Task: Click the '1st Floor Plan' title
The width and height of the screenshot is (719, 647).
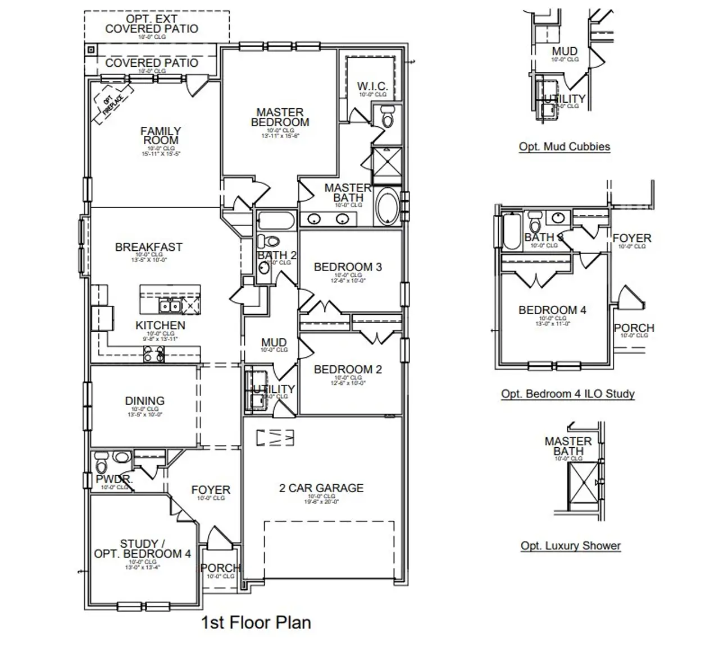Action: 256,622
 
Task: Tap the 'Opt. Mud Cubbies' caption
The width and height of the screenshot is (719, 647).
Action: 564,146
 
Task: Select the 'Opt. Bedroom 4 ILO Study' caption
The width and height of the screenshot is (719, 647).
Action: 567,394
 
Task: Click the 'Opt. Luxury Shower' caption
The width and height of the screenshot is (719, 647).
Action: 570,545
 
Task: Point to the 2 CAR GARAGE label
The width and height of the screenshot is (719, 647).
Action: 321,488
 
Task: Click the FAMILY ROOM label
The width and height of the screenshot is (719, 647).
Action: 161,136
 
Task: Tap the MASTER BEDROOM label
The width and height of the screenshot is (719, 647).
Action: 280,117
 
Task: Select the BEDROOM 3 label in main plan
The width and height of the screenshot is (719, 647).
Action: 348,267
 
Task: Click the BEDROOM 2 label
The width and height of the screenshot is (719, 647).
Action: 348,369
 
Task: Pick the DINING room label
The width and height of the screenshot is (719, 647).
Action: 145,401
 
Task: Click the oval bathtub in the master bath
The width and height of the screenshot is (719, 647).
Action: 387,207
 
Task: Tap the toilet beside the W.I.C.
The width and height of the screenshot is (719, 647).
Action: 388,118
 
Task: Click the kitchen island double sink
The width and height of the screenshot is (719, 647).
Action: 169,306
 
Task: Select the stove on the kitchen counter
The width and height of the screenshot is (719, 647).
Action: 154,354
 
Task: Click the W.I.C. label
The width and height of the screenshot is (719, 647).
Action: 372,86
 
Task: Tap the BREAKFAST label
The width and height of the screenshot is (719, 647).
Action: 149,247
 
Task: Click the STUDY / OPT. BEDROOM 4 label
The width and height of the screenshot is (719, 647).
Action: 142,549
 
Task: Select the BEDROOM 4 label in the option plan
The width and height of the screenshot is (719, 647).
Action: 552,310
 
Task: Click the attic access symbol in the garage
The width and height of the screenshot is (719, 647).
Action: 275,438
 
